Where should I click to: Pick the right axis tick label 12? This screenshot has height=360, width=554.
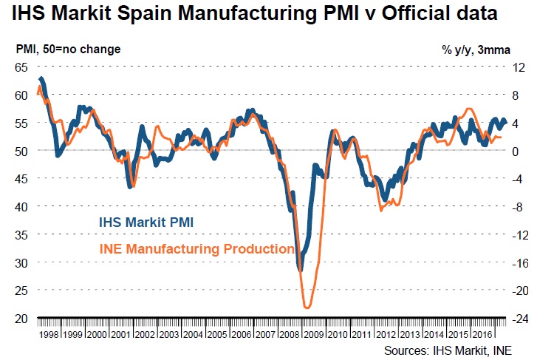519,67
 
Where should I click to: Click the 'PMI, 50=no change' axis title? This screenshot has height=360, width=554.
68,50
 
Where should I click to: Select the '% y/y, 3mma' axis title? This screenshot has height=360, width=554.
476,50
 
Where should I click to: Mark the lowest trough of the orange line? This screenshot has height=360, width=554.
307,307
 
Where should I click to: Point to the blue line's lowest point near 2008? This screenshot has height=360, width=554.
301,271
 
